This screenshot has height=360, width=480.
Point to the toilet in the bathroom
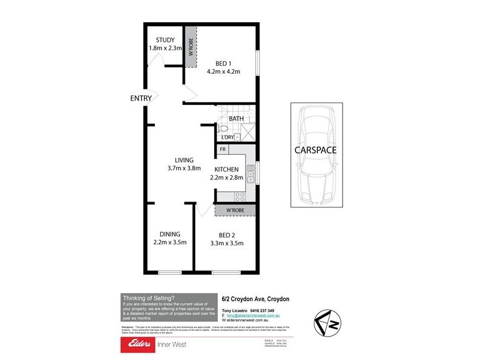[223, 128]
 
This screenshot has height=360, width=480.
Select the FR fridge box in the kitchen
[223, 149]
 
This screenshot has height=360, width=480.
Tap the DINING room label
[170, 234]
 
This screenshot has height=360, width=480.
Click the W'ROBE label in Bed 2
[235, 210]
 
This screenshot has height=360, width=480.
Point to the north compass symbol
[328, 325]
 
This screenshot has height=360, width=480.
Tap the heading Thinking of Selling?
[148, 298]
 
